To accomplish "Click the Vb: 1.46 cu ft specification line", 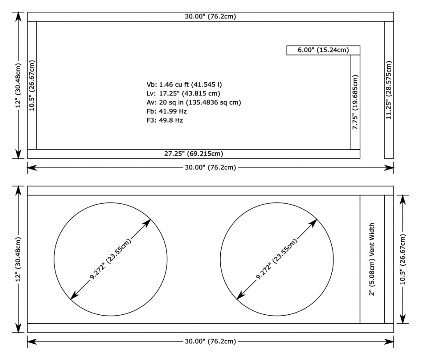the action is [x=184, y=85].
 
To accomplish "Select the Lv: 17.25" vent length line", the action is [x=183, y=93].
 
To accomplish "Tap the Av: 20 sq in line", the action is [x=194, y=102].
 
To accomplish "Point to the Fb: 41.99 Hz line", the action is [x=167, y=111].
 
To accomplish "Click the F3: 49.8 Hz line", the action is [x=165, y=120].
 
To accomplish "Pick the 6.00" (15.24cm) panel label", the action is [x=323, y=50].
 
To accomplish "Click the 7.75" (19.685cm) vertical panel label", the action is [x=355, y=102].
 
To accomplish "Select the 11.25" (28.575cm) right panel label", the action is [x=389, y=90].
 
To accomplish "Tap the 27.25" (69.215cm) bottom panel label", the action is [x=194, y=154].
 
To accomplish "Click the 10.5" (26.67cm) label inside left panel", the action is [x=32, y=86].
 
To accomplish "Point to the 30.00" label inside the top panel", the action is [x=210, y=16].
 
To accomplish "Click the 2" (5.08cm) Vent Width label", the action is [x=372, y=259].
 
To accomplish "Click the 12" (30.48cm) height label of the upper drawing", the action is [x=18, y=86].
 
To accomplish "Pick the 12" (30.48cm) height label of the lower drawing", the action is [x=18, y=259].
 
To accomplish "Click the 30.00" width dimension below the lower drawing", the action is [x=210, y=341].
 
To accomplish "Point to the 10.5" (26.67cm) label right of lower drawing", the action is [x=402, y=259].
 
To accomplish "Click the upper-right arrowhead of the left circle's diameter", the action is [x=148, y=223].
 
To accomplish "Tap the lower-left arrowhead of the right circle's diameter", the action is [x=240, y=296].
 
